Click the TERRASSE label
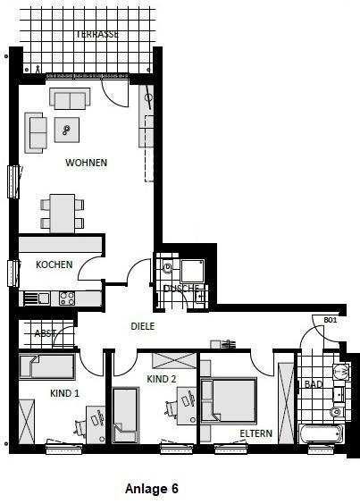pos(97,34)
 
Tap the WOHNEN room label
pos(86,163)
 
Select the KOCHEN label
pos(54,265)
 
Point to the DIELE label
pos(143,326)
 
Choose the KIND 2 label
pos(162,379)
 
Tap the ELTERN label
pos(255,433)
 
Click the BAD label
pos(313,384)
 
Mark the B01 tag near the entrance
pos(330,319)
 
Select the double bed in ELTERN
pos(229,399)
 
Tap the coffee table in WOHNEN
pos(67,130)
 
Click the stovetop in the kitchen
pos(65,298)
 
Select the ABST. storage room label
pos(45,333)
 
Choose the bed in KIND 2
pos(124,418)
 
